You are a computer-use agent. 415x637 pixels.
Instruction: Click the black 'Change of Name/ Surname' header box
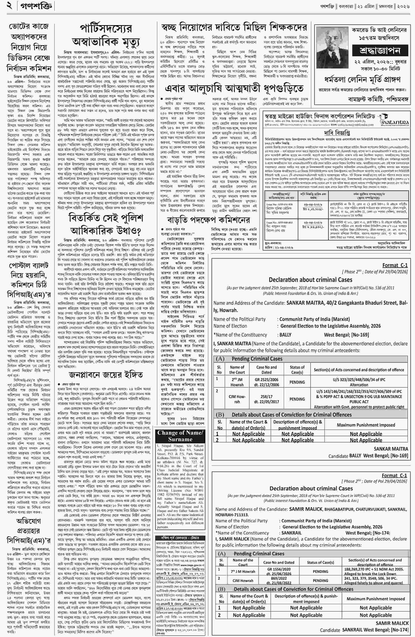(x=180, y=436)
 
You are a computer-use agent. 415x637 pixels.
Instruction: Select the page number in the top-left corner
(x=9, y=6)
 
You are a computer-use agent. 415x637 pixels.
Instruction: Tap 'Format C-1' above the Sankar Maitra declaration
(x=395, y=265)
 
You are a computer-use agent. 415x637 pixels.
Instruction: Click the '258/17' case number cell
(x=266, y=399)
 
